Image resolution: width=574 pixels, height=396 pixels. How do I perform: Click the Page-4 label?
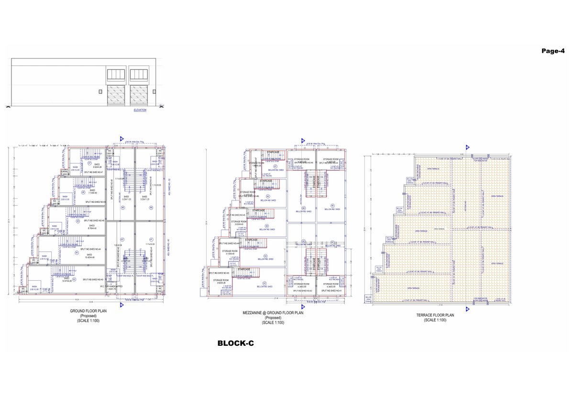(x=556, y=51)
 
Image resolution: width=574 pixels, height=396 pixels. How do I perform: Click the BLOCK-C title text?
(x=235, y=343)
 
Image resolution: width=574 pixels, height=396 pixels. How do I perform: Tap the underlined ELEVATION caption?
(x=140, y=110)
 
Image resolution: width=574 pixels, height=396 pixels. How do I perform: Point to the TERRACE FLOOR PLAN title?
(x=435, y=315)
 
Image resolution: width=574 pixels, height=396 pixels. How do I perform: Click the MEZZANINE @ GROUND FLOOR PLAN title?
(x=273, y=313)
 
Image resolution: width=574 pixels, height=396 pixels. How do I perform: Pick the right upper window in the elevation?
(x=139, y=74)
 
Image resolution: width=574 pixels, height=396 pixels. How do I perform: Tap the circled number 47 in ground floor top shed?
(x=89, y=163)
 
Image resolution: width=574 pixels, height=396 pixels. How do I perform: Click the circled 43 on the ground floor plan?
(x=74, y=279)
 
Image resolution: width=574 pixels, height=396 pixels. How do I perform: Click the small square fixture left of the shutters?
(x=100, y=91)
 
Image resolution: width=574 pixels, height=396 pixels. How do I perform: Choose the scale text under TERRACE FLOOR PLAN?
(x=435, y=320)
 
